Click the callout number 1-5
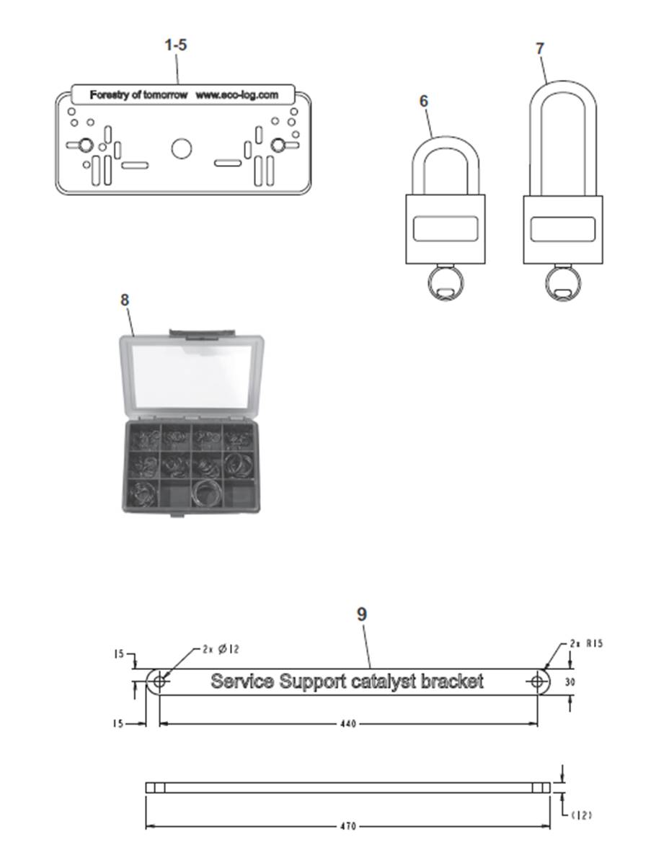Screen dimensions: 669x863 click(176, 45)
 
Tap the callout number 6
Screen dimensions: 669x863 click(423, 101)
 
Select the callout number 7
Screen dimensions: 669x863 click(540, 48)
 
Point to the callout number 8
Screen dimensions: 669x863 click(125, 300)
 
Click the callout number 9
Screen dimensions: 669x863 click(361, 614)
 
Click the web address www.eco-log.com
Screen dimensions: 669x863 click(236, 94)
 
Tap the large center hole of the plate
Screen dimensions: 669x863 click(181, 148)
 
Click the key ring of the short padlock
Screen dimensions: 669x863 click(446, 283)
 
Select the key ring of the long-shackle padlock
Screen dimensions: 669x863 click(563, 283)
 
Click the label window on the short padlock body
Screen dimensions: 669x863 click(446, 228)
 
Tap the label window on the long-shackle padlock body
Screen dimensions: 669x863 click(563, 229)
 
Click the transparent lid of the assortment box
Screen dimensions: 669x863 click(191, 376)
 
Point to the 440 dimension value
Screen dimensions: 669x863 click(348, 724)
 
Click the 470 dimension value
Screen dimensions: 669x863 click(348, 826)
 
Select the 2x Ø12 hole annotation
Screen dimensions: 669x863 click(221, 649)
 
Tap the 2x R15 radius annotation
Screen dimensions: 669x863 click(586, 643)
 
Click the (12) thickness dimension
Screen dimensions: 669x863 click(582, 815)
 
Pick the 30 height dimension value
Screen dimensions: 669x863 click(570, 682)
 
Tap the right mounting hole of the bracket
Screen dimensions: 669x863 click(537, 682)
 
